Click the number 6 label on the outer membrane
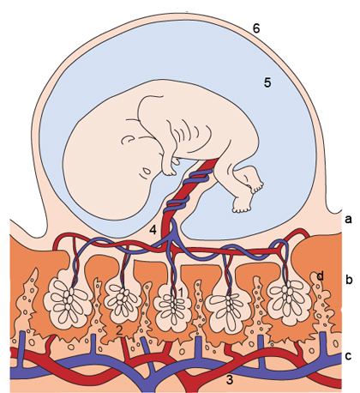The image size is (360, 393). coord(256,28)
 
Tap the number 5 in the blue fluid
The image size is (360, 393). coord(267,82)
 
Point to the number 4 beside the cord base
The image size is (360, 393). coord(153,230)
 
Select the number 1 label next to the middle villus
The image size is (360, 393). coord(180,292)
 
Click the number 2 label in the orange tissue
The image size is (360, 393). coord(119,331)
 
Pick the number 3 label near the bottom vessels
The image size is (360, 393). coord(230,380)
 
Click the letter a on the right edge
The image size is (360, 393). coord(348,220)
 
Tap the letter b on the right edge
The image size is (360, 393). coord(349,280)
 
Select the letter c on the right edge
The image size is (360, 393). coord(348,356)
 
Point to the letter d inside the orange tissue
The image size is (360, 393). coord(321,276)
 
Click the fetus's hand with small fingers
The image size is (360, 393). coord(170,167)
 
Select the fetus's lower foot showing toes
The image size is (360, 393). coord(243,205)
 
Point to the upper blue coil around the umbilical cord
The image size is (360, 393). coord(200,176)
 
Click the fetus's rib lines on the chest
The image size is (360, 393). coord(186,128)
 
